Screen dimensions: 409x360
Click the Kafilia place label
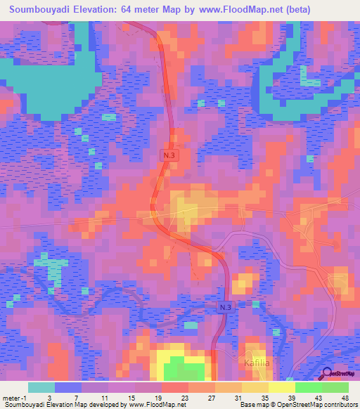click(257, 363)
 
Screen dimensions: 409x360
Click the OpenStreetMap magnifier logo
click(328, 375)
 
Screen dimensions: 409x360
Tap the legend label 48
click(345, 398)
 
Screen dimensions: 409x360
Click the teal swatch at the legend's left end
click(41, 387)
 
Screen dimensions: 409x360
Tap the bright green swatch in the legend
click(308, 387)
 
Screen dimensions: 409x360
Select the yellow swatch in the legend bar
click(281, 387)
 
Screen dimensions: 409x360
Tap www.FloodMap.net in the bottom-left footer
click(153, 405)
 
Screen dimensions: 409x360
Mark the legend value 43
click(318, 398)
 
